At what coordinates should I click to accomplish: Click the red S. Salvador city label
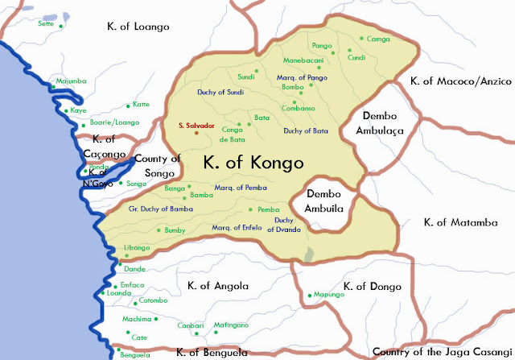click(196, 126)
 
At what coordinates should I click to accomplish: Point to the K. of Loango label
click(138, 27)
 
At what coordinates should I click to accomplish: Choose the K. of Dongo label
click(372, 286)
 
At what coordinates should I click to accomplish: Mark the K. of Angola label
click(217, 286)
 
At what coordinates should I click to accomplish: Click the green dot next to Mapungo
click(309, 296)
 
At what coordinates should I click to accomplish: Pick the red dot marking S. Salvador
click(196, 134)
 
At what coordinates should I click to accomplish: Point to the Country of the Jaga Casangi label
click(442, 352)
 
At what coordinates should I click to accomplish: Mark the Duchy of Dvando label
click(287, 225)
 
